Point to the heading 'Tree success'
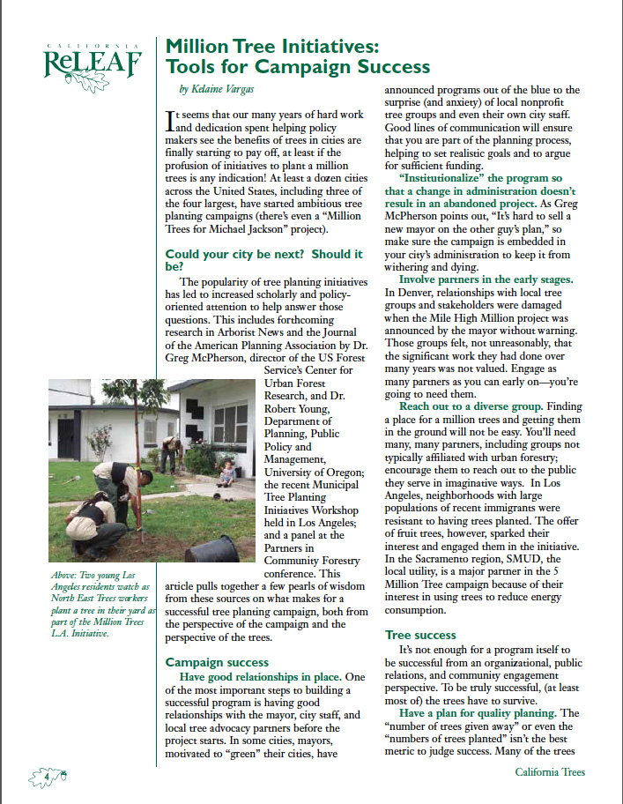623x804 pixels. coord(420,635)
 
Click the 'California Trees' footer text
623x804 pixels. coord(550,772)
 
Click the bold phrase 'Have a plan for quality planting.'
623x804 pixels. coord(477,712)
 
